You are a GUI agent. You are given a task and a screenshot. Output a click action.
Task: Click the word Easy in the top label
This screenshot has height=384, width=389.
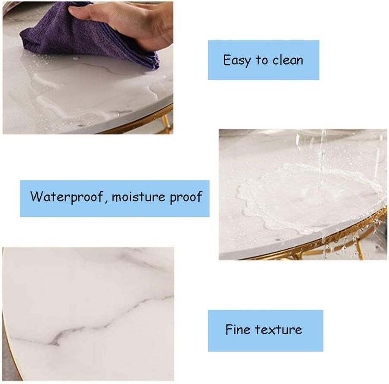click(x=236, y=60)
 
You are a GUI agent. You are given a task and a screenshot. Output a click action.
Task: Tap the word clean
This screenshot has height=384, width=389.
click(x=287, y=60)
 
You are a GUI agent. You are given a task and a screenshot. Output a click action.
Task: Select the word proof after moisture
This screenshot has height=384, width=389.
click(x=185, y=197)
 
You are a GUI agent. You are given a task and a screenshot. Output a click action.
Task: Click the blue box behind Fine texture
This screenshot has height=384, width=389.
click(x=265, y=330)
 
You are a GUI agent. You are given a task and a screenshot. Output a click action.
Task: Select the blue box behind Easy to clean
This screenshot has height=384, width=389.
click(x=264, y=60)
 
